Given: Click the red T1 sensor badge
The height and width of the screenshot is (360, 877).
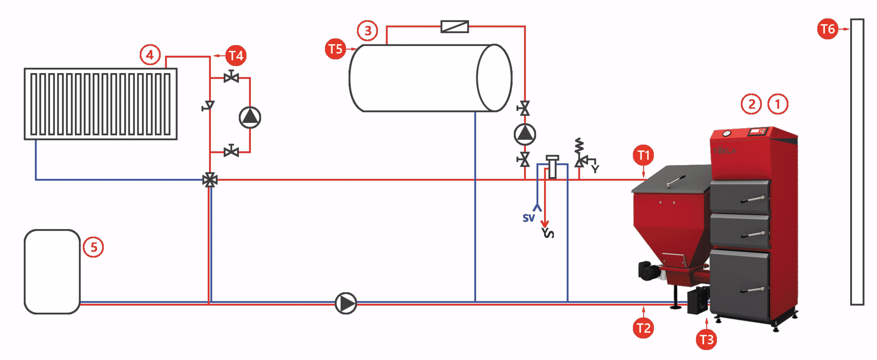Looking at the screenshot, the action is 643,155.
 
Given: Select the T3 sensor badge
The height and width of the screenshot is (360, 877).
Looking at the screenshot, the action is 706,340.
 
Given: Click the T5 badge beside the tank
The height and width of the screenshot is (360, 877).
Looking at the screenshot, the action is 335,49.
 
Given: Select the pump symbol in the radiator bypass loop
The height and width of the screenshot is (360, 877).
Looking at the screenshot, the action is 250,118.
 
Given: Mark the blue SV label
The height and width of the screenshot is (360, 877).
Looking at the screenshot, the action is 529,218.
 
